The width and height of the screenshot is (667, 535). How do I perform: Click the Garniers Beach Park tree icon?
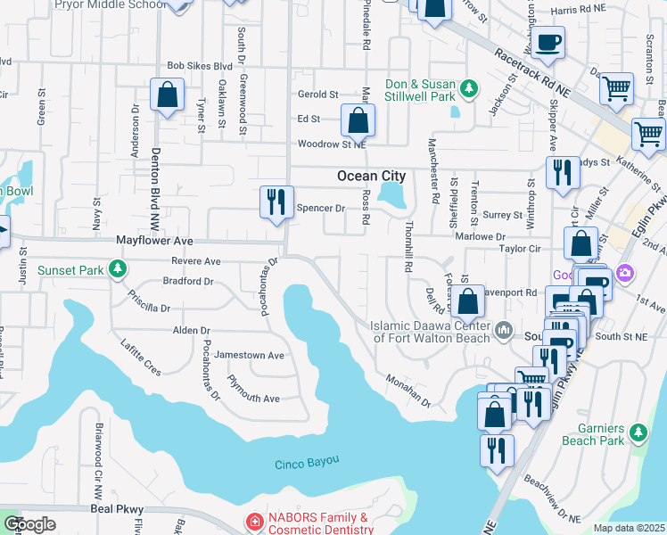pyautogui.click(x=638, y=433)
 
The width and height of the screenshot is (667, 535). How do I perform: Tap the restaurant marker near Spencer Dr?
pyautogui.click(x=276, y=202)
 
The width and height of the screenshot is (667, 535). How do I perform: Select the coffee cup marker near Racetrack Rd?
pyautogui.click(x=549, y=43)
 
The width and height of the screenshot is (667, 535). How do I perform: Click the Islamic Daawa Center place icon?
pyautogui.click(x=504, y=332)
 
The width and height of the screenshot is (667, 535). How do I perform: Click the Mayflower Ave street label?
pyautogui.click(x=155, y=241)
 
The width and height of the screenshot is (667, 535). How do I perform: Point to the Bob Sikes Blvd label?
pyautogui.click(x=200, y=66)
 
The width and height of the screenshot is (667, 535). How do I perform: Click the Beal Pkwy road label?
pyautogui.click(x=118, y=508)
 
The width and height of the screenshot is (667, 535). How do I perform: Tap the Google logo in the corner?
pyautogui.click(x=29, y=523)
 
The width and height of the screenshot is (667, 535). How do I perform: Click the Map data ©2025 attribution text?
pyautogui.click(x=628, y=528)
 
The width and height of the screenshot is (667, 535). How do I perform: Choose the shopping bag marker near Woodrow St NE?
pyautogui.click(x=357, y=119)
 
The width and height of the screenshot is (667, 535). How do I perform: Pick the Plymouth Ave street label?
pyautogui.click(x=253, y=399)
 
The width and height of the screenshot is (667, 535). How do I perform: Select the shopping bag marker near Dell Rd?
pyautogui.click(x=467, y=302)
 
